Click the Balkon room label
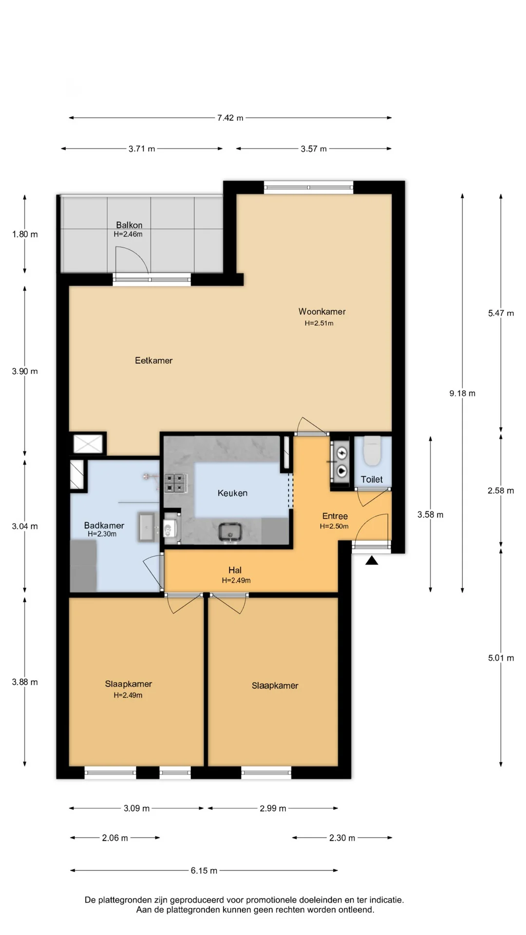tap(129, 225)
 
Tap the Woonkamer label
tap(322, 311)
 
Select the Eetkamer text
tap(154, 360)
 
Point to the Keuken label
tap(232, 493)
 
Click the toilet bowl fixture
tap(373, 450)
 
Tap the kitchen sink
tap(231, 532)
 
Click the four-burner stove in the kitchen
tap(175, 483)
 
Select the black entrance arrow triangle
tap(372, 561)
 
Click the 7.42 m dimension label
tap(230, 118)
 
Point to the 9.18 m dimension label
tap(462, 393)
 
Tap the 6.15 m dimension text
tap(204, 870)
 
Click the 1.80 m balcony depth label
tap(25, 234)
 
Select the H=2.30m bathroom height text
tap(102, 534)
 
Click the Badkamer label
tap(104, 525)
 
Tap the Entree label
tap(335, 516)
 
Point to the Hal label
tap(235, 570)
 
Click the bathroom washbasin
tap(149, 526)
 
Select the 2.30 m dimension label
tap(342, 838)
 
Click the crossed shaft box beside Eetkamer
tap(88, 444)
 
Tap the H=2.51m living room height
tap(319, 323)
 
